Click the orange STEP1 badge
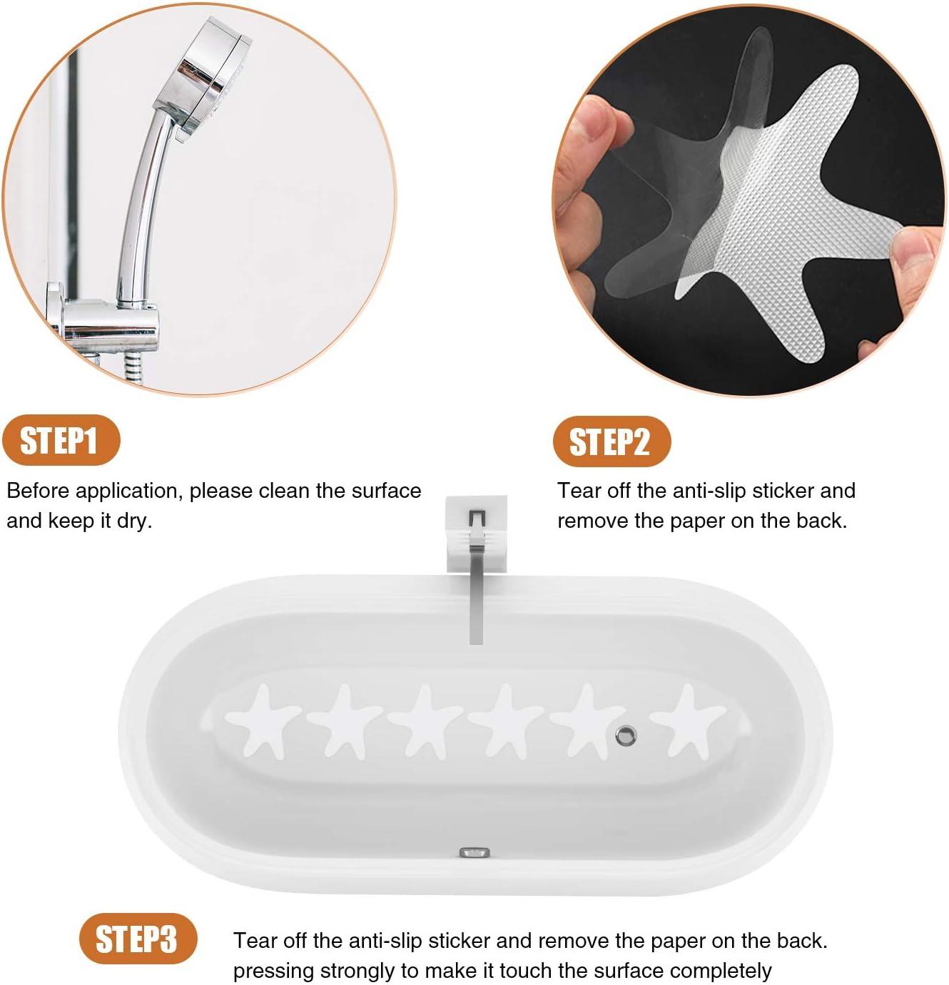pos(60,441)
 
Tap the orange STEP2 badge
pos(611,442)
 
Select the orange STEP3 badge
pos(137,938)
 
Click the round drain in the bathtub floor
pos(626,734)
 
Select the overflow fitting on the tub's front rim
pos(474,852)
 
